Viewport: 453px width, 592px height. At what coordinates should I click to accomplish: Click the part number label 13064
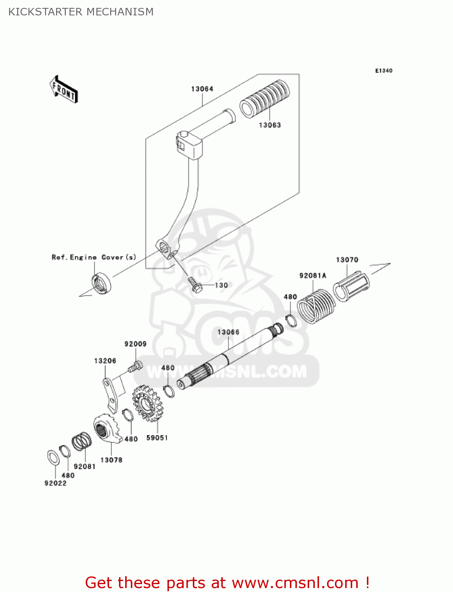[x=202, y=89]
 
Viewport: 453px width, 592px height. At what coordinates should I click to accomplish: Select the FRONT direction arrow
[x=64, y=90]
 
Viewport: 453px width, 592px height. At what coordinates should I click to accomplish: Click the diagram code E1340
[x=383, y=71]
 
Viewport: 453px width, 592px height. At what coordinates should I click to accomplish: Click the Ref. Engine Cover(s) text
[x=94, y=257]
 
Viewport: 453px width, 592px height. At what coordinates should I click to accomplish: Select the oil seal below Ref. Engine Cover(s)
[x=101, y=283]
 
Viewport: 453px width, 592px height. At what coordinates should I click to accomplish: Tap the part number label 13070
[x=347, y=260]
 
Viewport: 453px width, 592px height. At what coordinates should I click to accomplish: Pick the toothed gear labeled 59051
[x=148, y=403]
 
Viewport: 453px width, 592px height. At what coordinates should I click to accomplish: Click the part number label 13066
[x=228, y=332]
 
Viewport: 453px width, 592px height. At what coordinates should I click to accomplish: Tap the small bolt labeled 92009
[x=134, y=367]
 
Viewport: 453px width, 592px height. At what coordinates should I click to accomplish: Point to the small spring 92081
[x=82, y=441]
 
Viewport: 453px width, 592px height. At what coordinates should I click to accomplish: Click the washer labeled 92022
[x=53, y=457]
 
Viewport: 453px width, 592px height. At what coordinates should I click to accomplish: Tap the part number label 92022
[x=55, y=483]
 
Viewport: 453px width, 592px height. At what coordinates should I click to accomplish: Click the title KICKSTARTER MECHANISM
[x=81, y=12]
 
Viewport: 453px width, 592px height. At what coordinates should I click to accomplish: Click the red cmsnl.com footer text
[x=227, y=583]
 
